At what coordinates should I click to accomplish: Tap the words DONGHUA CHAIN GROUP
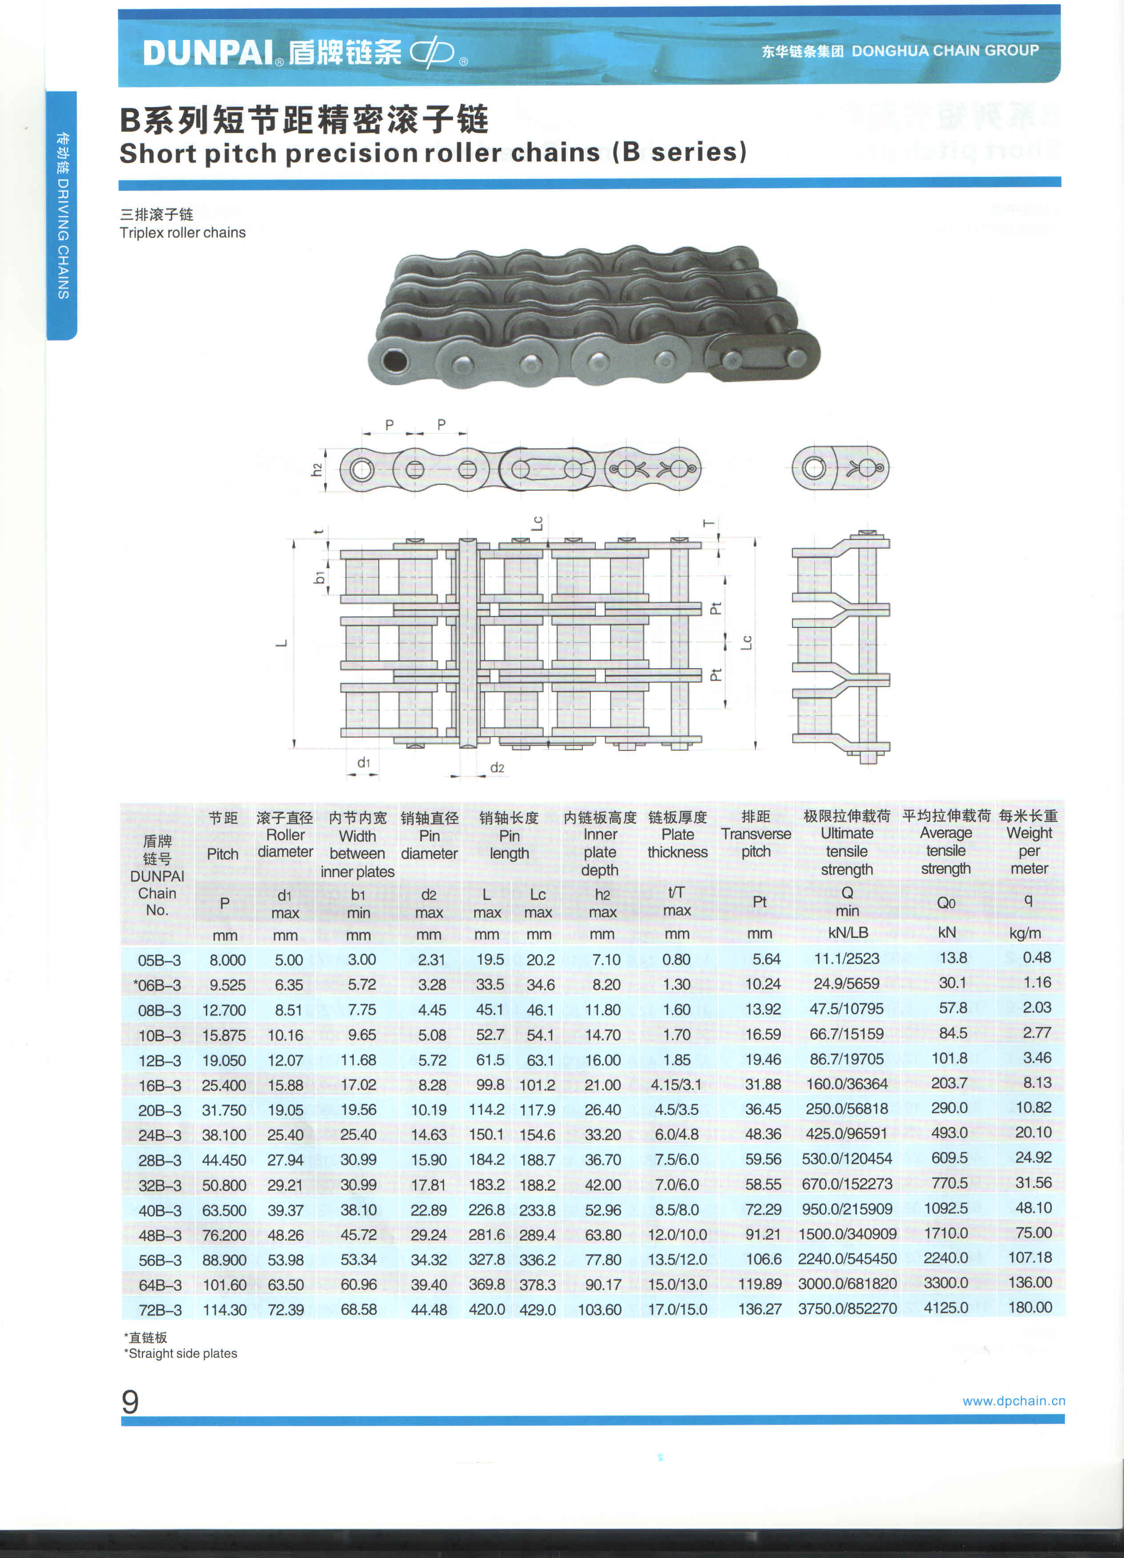(x=945, y=51)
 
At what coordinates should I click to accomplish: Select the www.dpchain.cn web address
(x=1013, y=1401)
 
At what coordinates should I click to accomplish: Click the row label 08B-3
(x=159, y=1010)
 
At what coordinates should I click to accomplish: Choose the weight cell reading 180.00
(x=1030, y=1307)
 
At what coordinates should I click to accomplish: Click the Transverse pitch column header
(x=756, y=834)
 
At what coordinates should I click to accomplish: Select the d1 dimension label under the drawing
(x=363, y=763)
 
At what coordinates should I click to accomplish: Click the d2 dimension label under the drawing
(x=497, y=767)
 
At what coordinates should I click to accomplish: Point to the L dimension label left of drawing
(x=281, y=643)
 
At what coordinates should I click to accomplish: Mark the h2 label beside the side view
(x=316, y=470)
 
